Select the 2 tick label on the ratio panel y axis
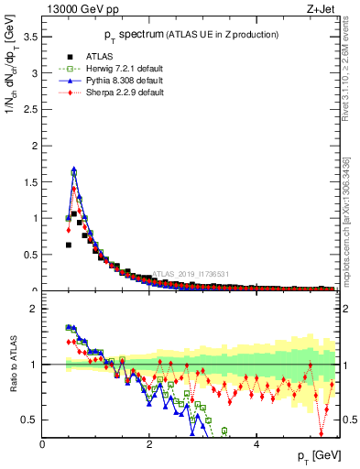[33, 309]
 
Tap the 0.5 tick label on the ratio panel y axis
[29, 420]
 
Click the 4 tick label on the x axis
[256, 446]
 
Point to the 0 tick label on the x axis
[42, 446]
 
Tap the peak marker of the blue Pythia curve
[74, 169]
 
